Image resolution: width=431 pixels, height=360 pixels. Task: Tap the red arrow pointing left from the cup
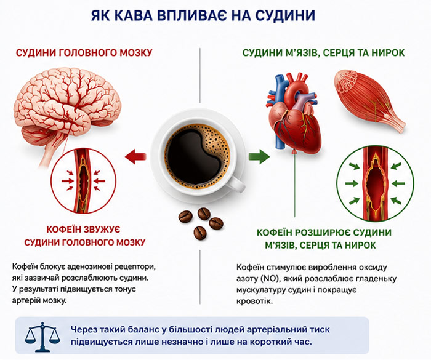pos(135,157)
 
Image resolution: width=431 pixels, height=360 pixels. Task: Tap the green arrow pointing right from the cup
pos(259,157)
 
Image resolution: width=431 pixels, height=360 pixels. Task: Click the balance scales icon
pos(42,337)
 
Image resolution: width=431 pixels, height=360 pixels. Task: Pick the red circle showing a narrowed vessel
pos(51,180)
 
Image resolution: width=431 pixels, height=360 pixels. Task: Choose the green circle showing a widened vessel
pos(337,183)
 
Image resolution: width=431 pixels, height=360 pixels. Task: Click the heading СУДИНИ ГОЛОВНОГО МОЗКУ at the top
pos(84,53)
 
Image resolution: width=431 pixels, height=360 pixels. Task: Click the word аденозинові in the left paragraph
pos(89,266)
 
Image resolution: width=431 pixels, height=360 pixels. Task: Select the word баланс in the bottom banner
pos(138,329)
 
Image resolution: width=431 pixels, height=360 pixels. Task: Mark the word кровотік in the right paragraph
pos(254,302)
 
